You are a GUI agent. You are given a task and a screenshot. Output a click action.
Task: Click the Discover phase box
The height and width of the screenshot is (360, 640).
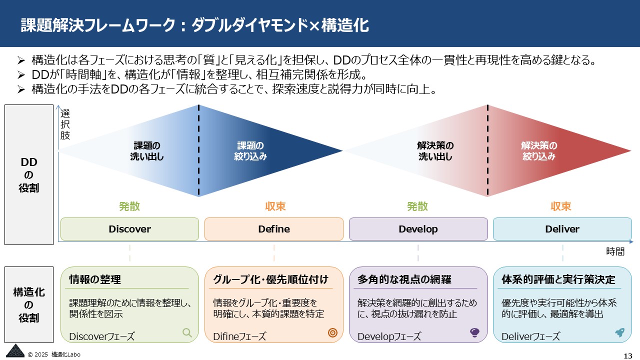(129, 229)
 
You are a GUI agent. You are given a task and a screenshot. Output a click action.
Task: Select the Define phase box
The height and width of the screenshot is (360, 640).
(273, 229)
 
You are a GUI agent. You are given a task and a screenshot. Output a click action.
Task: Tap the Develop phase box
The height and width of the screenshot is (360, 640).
(418, 229)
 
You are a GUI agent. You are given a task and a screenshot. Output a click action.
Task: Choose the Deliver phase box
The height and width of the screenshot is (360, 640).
(562, 229)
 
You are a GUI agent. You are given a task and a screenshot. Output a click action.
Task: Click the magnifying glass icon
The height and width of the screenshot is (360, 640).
(187, 332)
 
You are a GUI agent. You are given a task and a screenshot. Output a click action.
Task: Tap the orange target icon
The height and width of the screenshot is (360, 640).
(332, 333)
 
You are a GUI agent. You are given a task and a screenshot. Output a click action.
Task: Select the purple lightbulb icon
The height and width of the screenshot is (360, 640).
(475, 333)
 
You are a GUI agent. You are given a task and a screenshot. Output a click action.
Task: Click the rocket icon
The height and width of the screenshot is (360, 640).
(619, 332)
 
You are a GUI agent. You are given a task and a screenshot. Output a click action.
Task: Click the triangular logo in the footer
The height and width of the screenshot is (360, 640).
(14, 351)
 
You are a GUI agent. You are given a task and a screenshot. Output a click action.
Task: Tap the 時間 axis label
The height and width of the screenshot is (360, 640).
(615, 251)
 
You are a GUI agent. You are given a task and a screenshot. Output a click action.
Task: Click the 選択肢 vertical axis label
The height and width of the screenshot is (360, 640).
(65, 124)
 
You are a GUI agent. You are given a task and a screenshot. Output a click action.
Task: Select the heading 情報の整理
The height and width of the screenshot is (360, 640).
(95, 280)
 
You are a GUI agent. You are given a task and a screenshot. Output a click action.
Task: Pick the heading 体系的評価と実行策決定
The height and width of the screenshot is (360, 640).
(558, 280)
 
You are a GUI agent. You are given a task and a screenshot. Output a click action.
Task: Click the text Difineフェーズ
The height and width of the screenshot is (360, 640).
(239, 336)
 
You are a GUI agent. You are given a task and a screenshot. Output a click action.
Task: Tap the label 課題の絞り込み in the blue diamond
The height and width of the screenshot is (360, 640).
(250, 151)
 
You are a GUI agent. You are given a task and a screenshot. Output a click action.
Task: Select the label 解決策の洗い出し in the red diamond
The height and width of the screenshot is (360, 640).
(435, 151)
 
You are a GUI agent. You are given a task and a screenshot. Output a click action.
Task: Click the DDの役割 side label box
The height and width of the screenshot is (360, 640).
(29, 174)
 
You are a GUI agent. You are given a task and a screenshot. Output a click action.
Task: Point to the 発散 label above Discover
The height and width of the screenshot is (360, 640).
(129, 206)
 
